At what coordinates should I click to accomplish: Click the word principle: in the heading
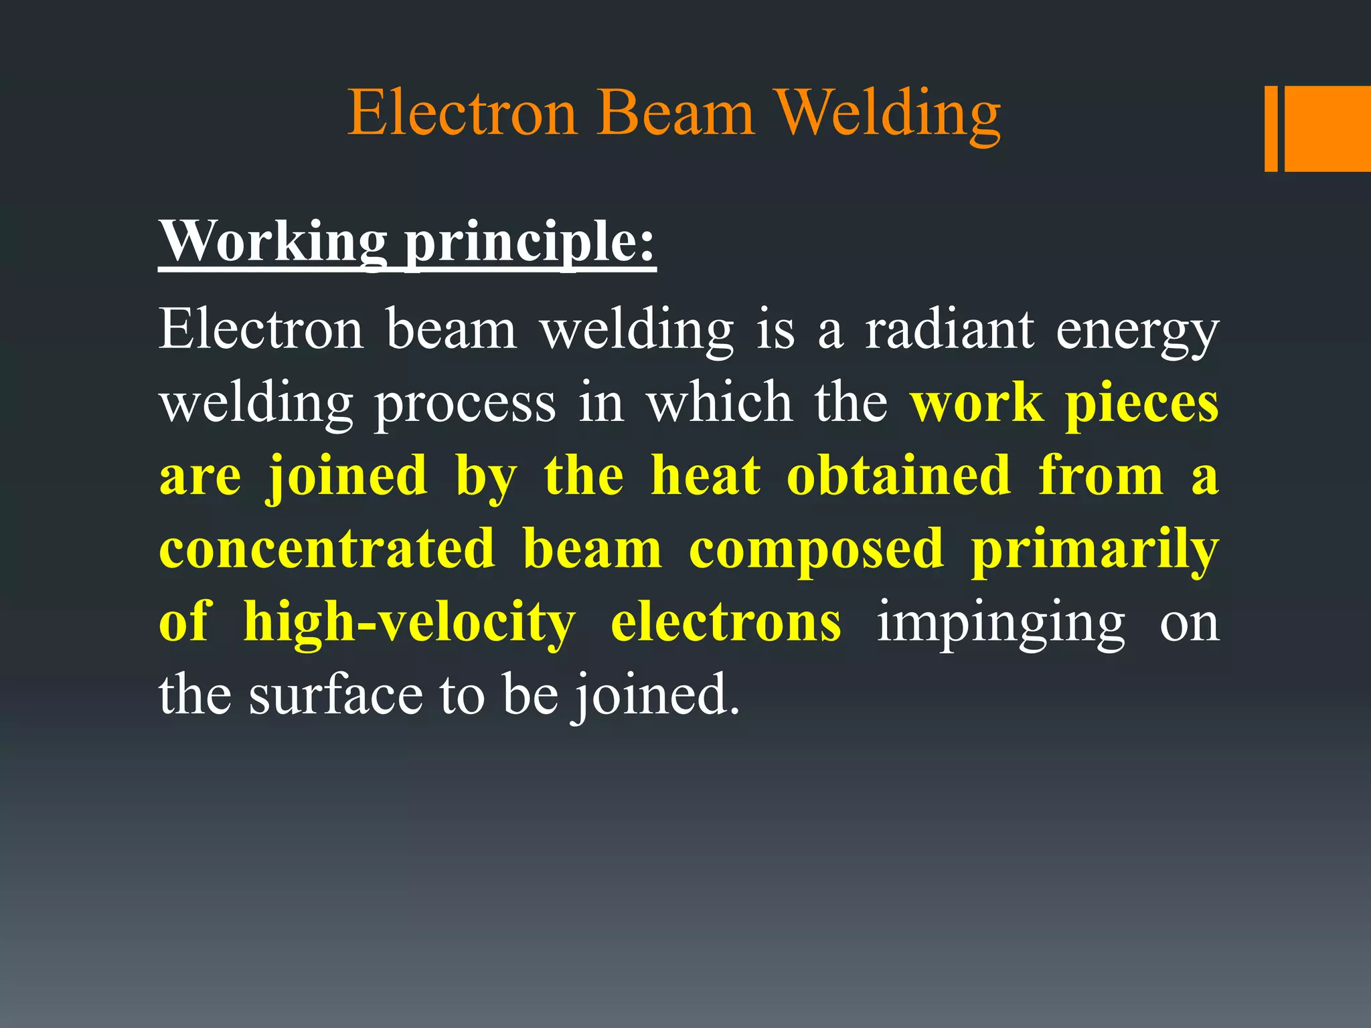tap(531, 242)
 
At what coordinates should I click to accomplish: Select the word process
tap(465, 405)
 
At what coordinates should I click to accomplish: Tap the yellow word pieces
tap(1141, 405)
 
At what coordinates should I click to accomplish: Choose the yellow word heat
tap(706, 476)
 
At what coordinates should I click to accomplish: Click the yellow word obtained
tap(898, 476)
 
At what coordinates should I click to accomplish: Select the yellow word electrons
tap(726, 622)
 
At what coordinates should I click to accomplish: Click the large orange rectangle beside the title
tap(1327, 128)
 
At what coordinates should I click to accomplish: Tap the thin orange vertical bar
tap(1271, 128)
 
